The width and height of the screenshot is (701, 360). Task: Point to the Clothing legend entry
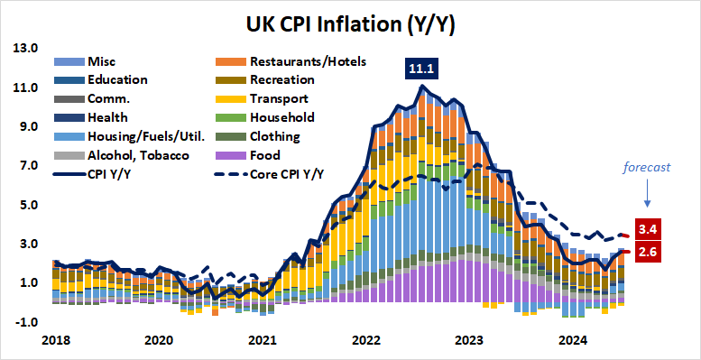[274, 137]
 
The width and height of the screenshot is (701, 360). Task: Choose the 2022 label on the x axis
[366, 341]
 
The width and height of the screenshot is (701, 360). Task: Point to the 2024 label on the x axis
[574, 341]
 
